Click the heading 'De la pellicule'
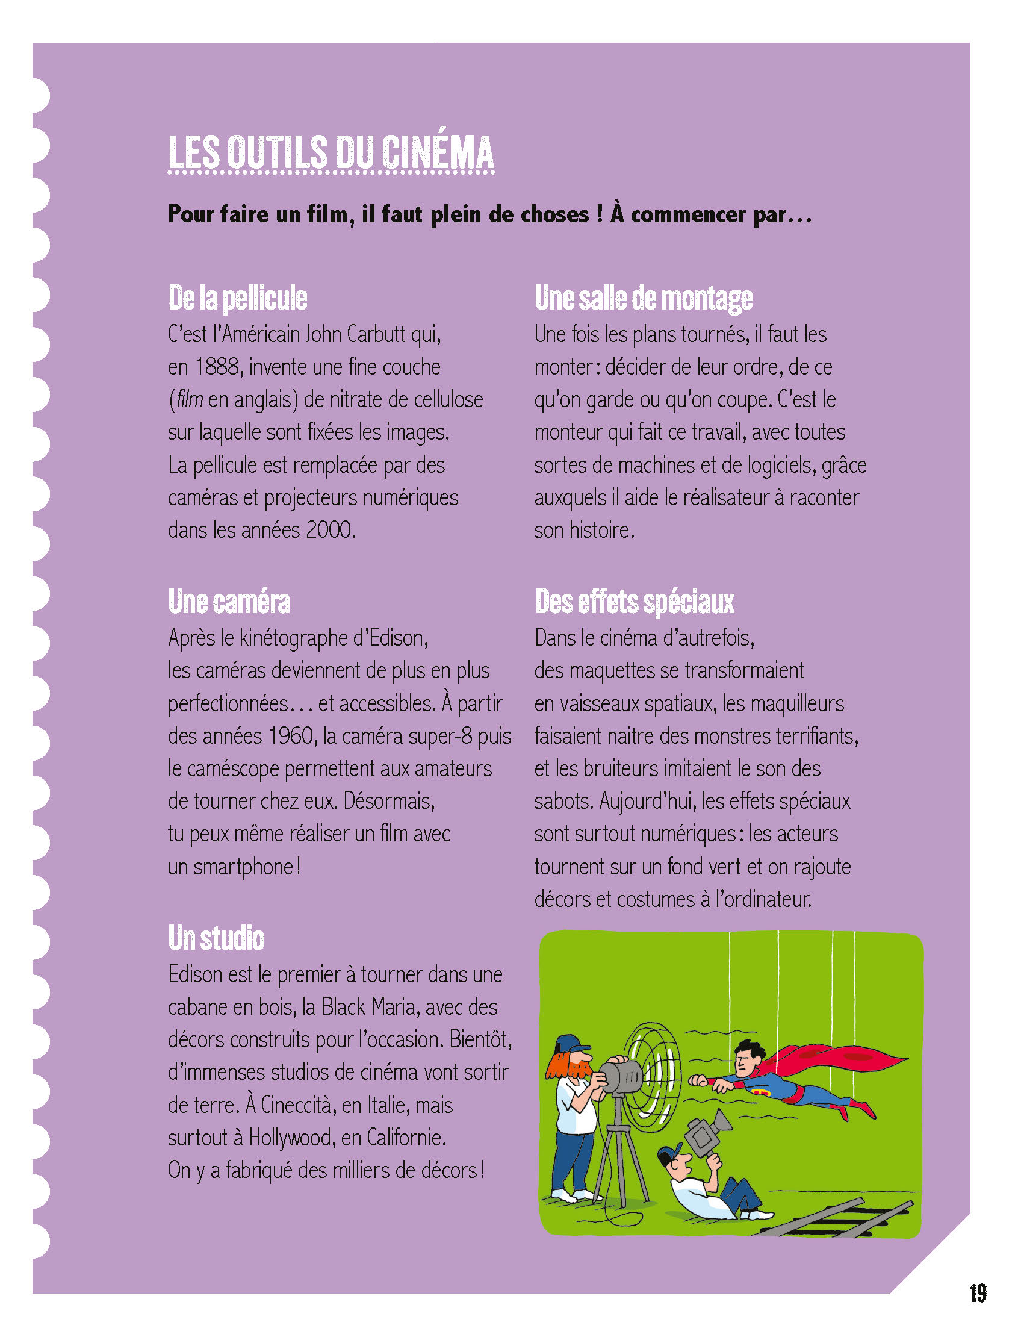pyautogui.click(x=237, y=298)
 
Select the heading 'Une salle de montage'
pyautogui.click(x=643, y=298)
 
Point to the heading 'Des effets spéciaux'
pyautogui.click(x=635, y=602)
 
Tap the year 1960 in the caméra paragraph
pyautogui.click(x=288, y=737)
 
